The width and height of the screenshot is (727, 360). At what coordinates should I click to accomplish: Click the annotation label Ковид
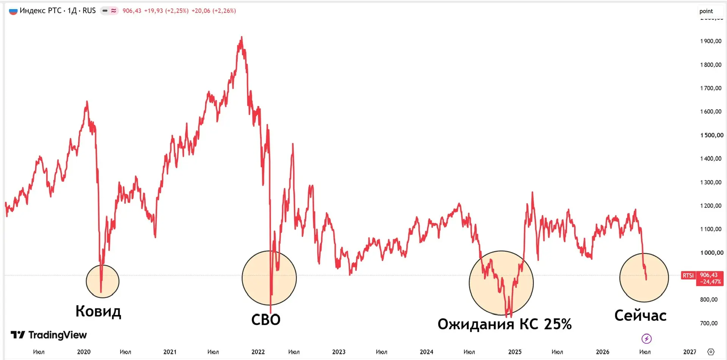(x=98, y=311)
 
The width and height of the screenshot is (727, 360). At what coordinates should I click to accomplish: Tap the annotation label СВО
(x=266, y=320)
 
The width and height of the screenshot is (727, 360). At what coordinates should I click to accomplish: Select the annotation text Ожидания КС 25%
(x=504, y=324)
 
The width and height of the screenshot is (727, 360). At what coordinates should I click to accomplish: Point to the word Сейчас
(x=640, y=315)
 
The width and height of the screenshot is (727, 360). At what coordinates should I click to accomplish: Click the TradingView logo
(x=49, y=335)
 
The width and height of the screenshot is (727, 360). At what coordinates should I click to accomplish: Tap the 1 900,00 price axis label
(x=711, y=41)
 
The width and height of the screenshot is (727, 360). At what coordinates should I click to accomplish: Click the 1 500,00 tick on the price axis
(x=711, y=135)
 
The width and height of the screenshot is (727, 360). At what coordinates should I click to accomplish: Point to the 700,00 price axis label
(x=709, y=323)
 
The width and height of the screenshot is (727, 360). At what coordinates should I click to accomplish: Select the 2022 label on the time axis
(x=258, y=352)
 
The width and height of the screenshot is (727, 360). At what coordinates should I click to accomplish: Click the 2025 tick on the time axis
(x=515, y=352)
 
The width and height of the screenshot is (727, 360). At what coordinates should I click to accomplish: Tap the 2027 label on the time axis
(x=690, y=352)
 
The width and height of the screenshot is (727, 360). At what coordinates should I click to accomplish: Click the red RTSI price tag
(x=688, y=276)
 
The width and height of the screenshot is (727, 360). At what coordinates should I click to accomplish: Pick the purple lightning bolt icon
(x=646, y=338)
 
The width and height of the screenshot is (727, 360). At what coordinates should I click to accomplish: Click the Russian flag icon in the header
(x=13, y=11)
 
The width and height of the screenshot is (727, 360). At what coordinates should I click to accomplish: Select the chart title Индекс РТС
(x=41, y=11)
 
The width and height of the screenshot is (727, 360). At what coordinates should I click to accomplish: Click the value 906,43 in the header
(x=132, y=11)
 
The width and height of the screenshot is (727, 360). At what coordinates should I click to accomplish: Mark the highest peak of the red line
(x=242, y=37)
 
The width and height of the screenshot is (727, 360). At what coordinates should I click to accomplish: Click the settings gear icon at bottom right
(x=711, y=352)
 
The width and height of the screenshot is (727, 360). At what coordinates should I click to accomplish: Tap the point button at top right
(x=706, y=11)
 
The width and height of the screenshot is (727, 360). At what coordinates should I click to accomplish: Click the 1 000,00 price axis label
(x=711, y=253)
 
